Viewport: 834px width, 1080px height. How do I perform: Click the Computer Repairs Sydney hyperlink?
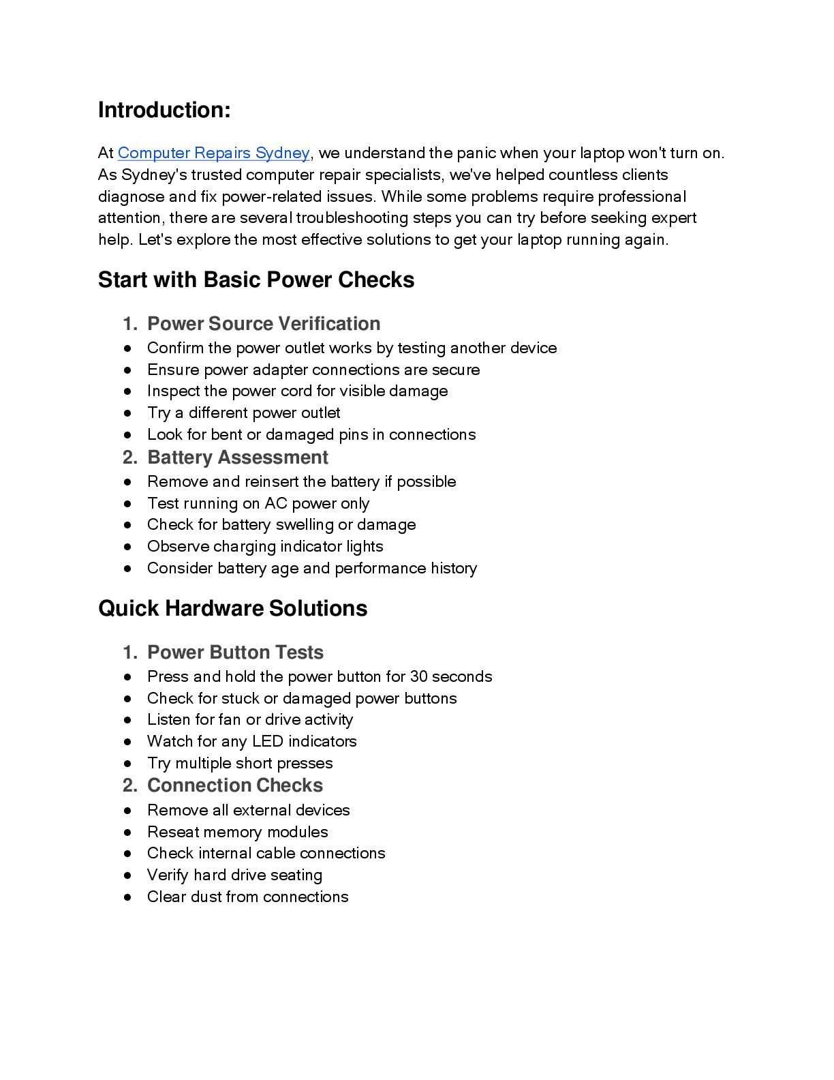213,153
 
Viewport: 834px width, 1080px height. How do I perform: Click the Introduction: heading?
164,110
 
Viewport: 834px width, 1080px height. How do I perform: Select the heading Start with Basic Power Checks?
256,280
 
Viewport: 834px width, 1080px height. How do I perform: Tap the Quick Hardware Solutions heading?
232,609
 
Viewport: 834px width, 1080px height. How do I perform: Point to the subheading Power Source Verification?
264,324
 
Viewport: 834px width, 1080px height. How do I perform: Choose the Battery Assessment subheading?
238,457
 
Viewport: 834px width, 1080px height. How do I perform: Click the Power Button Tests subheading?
235,652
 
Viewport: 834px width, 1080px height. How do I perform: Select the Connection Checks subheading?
235,785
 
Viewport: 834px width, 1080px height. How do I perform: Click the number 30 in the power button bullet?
418,676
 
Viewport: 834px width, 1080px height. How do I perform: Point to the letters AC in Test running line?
276,503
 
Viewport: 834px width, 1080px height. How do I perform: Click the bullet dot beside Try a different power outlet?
127,413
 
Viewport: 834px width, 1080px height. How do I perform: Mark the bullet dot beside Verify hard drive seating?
127,875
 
